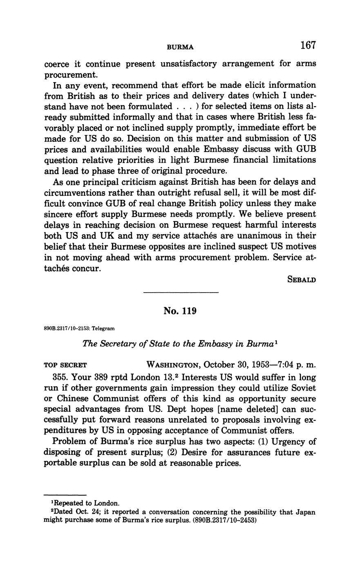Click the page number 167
click(308, 45)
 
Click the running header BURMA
click(180, 47)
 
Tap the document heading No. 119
click(180, 311)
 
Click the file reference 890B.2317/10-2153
click(65, 328)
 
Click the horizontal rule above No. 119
click(181, 292)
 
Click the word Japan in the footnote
click(306, 512)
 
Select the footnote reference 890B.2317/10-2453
click(224, 521)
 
